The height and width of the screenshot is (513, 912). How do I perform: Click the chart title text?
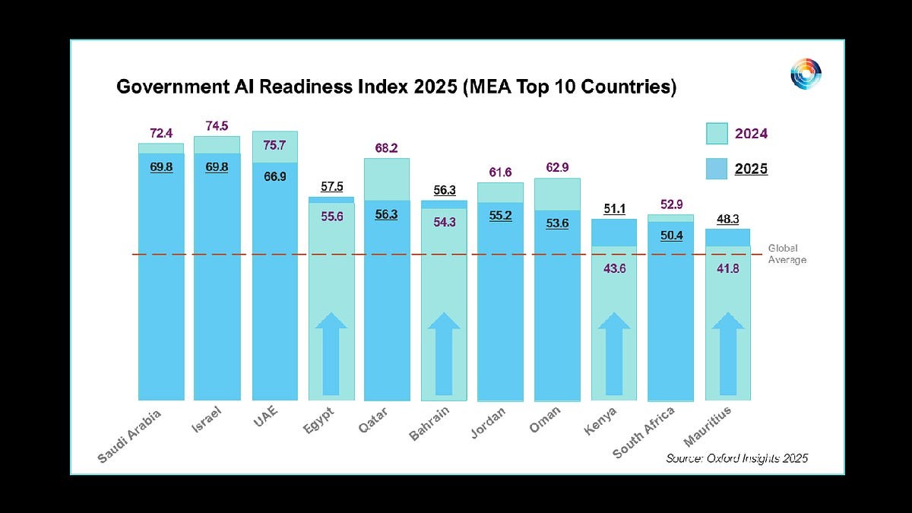tap(396, 87)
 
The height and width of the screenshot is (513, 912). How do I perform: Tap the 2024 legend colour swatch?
tap(716, 134)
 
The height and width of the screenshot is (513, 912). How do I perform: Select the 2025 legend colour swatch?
tap(716, 169)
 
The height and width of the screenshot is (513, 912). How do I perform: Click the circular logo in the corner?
tap(806, 74)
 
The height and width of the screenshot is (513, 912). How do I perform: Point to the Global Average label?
tap(787, 254)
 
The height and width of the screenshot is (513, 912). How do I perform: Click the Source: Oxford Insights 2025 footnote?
tap(736, 458)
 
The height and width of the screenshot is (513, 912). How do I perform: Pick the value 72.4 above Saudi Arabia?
tap(161, 134)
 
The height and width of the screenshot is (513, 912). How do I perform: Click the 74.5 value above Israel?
tap(217, 126)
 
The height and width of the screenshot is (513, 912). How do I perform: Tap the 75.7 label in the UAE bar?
tap(275, 146)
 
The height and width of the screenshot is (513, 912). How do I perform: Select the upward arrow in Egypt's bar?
tap(331, 353)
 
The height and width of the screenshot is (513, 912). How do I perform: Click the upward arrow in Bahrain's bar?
tap(444, 353)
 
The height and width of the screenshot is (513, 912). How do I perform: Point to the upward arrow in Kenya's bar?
tap(614, 353)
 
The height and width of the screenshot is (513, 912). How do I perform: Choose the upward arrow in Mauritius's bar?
tap(728, 353)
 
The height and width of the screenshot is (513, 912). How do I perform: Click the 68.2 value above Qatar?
tap(387, 148)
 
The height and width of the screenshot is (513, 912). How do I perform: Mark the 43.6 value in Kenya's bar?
tap(614, 268)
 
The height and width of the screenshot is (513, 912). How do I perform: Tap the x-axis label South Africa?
tap(644, 432)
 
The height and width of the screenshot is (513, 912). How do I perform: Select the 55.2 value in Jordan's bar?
tap(500, 215)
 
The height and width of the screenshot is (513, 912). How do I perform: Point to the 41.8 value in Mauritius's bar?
tap(728, 268)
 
